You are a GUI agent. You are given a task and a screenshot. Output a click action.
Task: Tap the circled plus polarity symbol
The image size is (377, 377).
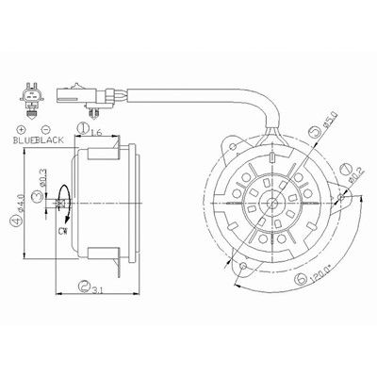20,129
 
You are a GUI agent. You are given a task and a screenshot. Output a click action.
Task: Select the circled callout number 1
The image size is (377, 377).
84,127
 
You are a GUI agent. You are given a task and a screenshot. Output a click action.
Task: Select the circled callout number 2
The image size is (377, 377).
84,285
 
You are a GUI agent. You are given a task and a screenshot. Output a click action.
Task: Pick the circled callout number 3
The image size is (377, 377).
35,195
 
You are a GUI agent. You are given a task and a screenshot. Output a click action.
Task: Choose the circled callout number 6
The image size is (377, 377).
300,279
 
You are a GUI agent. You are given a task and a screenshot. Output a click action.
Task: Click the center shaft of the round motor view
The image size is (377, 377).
272,200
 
